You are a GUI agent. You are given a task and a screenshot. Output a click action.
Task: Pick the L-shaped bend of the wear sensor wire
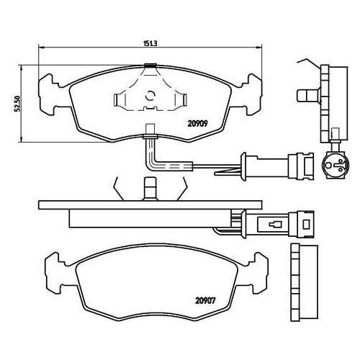pos(151,162)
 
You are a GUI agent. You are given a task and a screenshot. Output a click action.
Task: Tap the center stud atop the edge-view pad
pos(150,191)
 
